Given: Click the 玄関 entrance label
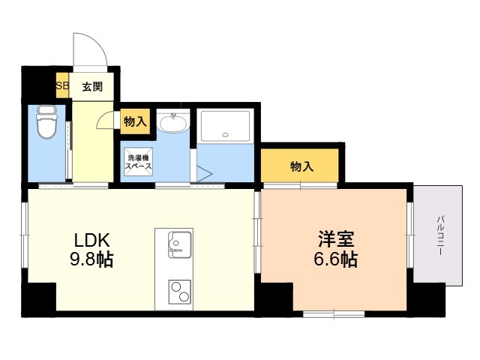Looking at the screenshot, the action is point(92,87).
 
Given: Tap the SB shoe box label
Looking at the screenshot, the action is point(62,85).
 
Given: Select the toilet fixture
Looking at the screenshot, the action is point(46,122).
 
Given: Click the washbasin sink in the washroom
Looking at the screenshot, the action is point(173,123).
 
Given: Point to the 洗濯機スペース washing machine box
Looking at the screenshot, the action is point(138,162).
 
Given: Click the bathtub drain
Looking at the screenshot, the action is point(226,135).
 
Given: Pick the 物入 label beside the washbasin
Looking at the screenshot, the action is point(135,121).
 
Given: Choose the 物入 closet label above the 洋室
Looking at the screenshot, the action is point(301,166).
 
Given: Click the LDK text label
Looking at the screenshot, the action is point(91,240).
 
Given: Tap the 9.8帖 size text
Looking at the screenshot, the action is point(91,260).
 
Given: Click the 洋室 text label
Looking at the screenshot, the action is point(336,239).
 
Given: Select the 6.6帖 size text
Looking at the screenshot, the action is point(335,259).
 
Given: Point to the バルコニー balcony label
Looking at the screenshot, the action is point(440,235).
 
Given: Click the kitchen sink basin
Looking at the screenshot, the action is point(179,245).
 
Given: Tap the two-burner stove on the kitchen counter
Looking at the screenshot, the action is point(180,292).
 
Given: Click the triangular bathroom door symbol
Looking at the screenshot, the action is point(204,174).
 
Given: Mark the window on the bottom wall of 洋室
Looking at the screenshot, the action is point(334,314).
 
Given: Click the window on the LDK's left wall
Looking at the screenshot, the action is point(24,235).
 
